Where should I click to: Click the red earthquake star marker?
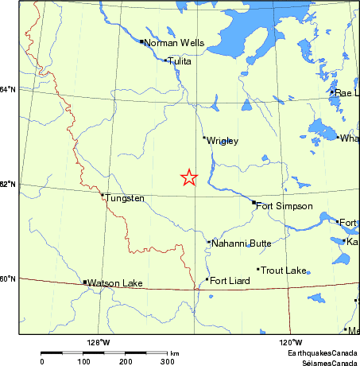tap(188, 177)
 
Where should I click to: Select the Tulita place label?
tap(181, 61)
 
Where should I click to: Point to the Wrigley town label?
tap(223, 141)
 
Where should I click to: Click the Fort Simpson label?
tap(285, 206)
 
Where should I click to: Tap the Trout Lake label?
tap(284, 271)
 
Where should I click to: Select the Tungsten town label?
tap(126, 197)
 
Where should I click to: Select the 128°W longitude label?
tap(99, 342)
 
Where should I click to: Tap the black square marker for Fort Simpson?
tap(254, 203)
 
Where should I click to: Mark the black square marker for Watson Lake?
tap(85, 282)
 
